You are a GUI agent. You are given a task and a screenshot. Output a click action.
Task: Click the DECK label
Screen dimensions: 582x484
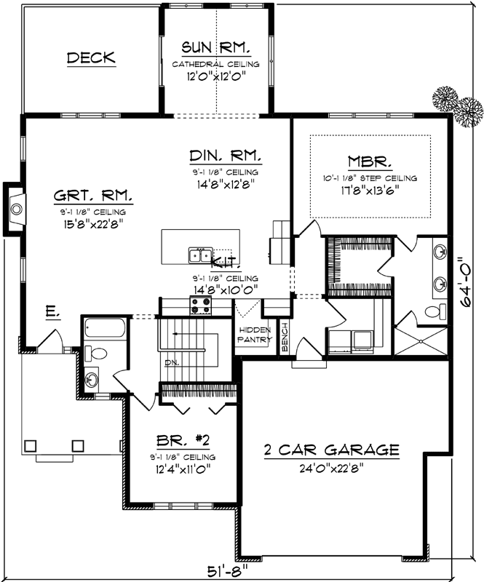[x=91, y=58]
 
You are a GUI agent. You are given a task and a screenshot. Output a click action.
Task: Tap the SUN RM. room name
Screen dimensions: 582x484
[x=216, y=49]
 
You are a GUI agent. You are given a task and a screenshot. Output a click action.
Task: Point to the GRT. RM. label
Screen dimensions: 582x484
[x=92, y=196]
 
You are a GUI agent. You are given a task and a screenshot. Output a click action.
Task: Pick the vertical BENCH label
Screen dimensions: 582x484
[x=285, y=337]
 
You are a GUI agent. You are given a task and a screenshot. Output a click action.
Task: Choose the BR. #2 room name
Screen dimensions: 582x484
[x=183, y=441]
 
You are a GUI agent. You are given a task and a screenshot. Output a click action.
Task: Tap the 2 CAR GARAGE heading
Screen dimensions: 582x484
[x=331, y=450]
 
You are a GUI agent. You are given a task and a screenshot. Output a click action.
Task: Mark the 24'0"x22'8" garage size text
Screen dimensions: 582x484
[x=331, y=468]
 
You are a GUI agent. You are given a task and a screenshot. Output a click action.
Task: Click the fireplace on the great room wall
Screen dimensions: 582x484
[x=15, y=210]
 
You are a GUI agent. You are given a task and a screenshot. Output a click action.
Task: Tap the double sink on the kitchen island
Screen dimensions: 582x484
[x=200, y=255]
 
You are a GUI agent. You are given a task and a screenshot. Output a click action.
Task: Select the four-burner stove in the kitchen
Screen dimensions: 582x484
[x=200, y=308]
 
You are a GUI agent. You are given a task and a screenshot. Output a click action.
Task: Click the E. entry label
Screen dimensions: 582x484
[x=52, y=312]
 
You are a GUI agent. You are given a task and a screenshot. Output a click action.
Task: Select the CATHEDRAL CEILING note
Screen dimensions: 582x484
[x=216, y=65]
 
